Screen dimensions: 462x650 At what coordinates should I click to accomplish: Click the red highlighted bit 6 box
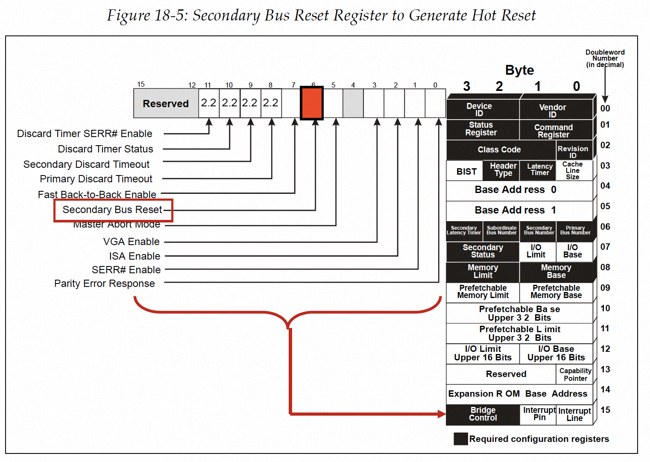pyautogui.click(x=312, y=103)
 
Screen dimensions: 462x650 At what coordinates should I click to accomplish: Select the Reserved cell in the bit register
pyautogui.click(x=166, y=104)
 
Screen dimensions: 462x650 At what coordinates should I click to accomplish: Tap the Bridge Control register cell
pyautogui.click(x=483, y=414)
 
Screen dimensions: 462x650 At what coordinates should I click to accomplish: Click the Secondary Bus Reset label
pyautogui.click(x=112, y=210)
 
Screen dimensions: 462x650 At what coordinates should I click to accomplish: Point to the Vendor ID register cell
pyautogui.click(x=552, y=111)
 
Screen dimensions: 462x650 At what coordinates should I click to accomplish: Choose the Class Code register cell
pyautogui.click(x=499, y=150)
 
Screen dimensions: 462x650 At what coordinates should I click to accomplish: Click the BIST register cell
pyautogui.click(x=466, y=172)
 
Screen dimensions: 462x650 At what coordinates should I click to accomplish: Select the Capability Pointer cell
pyautogui.click(x=575, y=374)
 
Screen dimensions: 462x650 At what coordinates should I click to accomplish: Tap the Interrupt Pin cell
pyautogui.click(x=539, y=414)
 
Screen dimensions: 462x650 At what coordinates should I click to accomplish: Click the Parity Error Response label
pyautogui.click(x=105, y=284)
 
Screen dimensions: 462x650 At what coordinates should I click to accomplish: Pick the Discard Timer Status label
pyautogui.click(x=105, y=149)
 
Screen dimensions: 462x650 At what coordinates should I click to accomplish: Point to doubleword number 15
pyautogui.click(x=605, y=410)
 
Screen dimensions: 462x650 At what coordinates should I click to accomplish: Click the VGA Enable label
pyautogui.click(x=132, y=242)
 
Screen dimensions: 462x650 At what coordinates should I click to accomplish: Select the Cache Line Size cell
pyautogui.click(x=572, y=170)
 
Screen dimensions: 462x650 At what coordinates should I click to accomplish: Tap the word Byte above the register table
pyautogui.click(x=519, y=70)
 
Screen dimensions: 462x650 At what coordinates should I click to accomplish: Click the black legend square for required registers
pyautogui.click(x=460, y=439)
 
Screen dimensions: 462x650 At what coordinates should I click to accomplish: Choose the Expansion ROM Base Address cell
pyautogui.click(x=518, y=394)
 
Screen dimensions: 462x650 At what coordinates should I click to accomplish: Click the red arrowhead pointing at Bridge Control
pyautogui.click(x=441, y=414)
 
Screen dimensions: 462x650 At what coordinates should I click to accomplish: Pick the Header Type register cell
pyautogui.click(x=503, y=170)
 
